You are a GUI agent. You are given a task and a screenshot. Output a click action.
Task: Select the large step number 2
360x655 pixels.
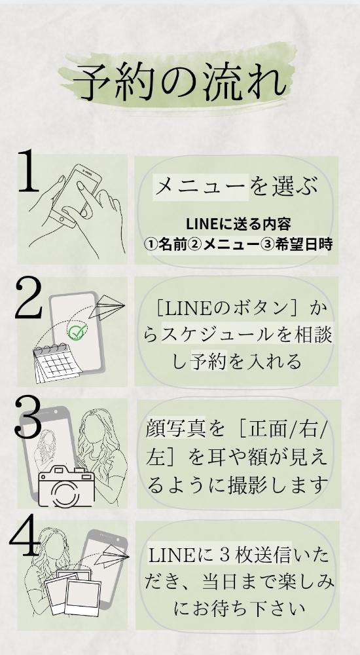pos(29,298)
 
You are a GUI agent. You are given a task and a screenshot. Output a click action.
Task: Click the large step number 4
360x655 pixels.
pos(25,536)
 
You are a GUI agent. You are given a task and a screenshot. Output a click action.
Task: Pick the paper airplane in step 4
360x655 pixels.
pos(112,555)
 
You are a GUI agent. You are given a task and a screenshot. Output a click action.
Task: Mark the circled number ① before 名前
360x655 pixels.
pos(151,245)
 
